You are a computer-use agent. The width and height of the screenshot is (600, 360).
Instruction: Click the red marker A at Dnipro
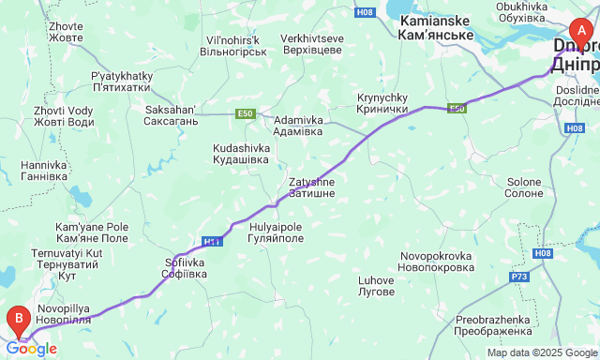click(581, 28)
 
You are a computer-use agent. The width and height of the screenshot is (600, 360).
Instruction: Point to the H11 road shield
click(213, 242)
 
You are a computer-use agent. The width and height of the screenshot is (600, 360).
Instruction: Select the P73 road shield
click(520, 277)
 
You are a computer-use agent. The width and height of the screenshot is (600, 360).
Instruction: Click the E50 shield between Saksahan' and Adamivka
click(246, 113)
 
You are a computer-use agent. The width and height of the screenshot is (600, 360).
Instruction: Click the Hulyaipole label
click(277, 232)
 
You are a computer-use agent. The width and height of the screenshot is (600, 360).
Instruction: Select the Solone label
click(524, 187)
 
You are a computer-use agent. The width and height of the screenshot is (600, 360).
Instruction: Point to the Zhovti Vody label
click(63, 115)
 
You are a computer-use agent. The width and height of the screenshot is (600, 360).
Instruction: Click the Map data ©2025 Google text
click(541, 352)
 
